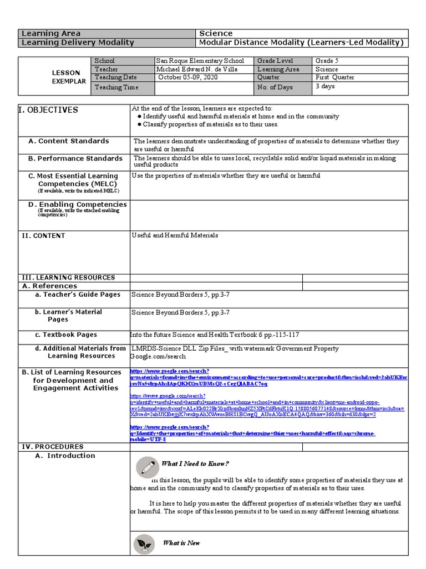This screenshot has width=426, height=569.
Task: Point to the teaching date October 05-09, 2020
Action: tap(189, 78)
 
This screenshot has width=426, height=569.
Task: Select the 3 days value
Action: tap(325, 87)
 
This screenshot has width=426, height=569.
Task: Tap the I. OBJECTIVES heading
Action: tap(49, 110)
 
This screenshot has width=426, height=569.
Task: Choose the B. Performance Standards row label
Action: tap(75, 159)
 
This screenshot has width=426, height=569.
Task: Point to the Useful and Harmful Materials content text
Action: tap(175, 236)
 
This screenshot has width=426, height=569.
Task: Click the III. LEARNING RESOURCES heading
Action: tap(68, 277)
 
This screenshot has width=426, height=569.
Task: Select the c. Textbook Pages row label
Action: tap(66, 335)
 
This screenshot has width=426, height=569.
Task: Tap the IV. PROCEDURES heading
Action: tap(53, 447)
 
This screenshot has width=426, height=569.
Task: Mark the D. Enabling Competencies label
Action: tap(78, 204)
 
